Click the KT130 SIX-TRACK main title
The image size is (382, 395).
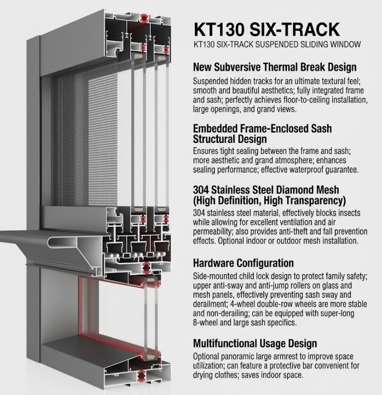point(267,29)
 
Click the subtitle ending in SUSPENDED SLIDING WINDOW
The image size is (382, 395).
point(277,44)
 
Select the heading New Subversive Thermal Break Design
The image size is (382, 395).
point(275,67)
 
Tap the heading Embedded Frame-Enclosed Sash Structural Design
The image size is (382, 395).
point(262,134)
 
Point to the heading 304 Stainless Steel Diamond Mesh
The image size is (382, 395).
point(266,190)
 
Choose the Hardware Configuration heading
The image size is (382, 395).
point(243,263)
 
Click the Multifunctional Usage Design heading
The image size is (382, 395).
point(255,344)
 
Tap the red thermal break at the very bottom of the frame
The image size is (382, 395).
point(140,375)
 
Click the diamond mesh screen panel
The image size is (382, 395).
point(85,139)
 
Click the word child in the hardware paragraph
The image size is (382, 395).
point(246,277)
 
